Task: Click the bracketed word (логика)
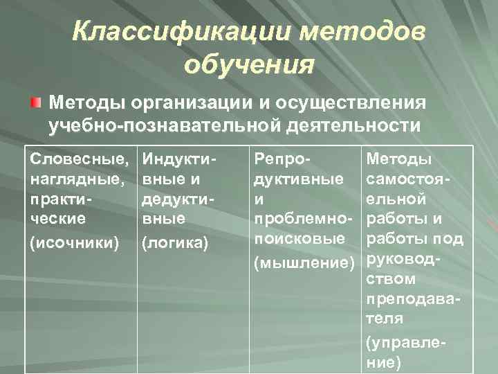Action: tap(172, 242)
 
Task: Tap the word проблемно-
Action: tap(304, 218)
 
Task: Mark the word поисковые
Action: tap(299, 238)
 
